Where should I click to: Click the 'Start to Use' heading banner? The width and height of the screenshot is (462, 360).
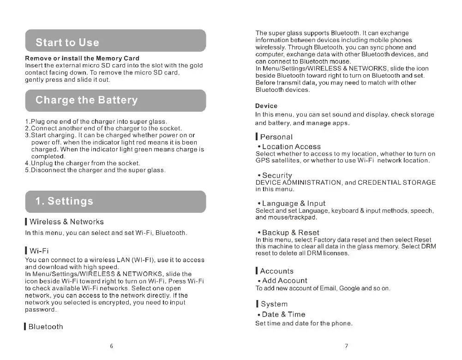pos(115,41)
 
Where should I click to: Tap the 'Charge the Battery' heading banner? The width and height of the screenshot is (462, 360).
pos(115,100)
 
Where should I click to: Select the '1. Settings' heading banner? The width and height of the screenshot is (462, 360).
pos(115,201)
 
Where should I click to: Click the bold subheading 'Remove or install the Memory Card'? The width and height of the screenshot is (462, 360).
pos(82,59)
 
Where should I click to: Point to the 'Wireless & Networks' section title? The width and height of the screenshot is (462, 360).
pos(66,222)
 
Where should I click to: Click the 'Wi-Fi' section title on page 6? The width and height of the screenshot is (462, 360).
pos(39,251)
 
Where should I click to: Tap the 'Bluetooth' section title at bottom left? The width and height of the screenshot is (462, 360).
pos(46,327)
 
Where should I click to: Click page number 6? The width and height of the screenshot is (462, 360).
pos(111,347)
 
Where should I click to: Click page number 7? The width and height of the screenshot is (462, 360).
pos(346,347)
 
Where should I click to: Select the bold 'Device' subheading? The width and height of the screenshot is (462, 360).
pos(266,106)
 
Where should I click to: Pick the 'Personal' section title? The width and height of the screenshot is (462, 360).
pos(276,137)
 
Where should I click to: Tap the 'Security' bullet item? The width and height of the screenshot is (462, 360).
pos(277,175)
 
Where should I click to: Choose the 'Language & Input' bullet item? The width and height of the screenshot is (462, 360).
pos(294,204)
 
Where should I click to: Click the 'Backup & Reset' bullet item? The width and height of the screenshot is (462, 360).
pos(290,233)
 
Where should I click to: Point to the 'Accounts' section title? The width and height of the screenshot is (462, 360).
pos(276,271)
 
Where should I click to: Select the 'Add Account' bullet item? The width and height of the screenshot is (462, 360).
pos(284,281)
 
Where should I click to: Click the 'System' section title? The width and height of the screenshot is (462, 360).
pos(274,304)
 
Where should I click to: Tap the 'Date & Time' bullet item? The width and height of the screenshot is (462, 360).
pos(283,314)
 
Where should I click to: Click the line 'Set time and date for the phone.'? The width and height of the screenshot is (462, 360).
pos(304,323)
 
